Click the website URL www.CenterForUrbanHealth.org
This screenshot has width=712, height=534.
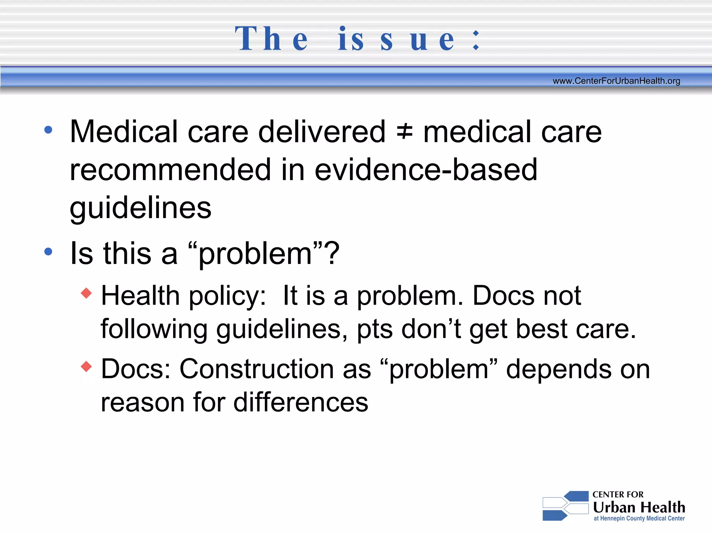point(616,81)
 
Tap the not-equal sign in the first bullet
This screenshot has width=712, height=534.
point(405,132)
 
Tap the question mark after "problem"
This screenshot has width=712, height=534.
point(333,253)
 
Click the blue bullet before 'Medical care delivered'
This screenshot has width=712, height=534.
point(48,130)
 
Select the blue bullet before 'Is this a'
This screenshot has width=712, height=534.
point(48,251)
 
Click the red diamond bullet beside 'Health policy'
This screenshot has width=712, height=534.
point(86,293)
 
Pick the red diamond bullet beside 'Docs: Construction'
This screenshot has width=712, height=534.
point(86,366)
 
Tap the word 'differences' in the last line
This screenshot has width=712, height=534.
point(301,402)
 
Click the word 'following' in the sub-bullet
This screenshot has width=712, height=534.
point(154,329)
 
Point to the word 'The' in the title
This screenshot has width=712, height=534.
point(272,39)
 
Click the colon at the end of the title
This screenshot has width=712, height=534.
point(476,40)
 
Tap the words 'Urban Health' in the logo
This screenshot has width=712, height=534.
point(639,507)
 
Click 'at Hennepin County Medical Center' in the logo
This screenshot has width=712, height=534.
point(639,518)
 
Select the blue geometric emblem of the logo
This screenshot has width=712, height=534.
point(565,506)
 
